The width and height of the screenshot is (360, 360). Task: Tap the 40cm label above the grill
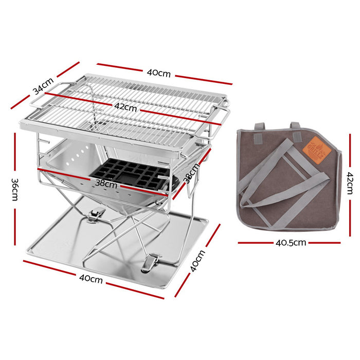tap(158, 73)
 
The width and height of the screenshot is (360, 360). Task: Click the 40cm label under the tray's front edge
tap(90, 279)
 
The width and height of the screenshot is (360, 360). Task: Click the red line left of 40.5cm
tap(255, 242)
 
